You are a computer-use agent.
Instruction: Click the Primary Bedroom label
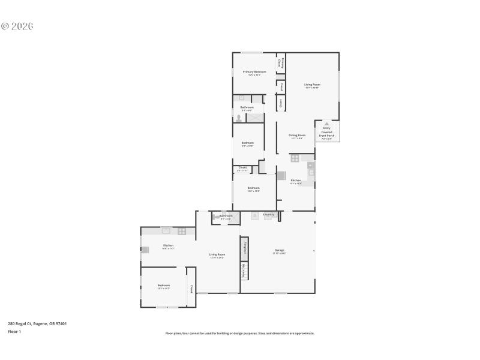tap(254, 72)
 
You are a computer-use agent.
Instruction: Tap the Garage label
tap(280, 250)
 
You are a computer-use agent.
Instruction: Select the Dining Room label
tap(297, 136)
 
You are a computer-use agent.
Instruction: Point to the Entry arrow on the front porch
tap(327, 124)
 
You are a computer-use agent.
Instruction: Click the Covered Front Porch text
tap(327, 134)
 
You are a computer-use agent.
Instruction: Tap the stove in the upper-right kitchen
tap(295, 158)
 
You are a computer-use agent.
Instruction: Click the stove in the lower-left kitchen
tap(182, 231)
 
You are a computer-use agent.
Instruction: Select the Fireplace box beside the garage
tap(245, 248)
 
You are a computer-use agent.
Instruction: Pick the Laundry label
tap(268, 214)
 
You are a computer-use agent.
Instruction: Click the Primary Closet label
tap(280, 62)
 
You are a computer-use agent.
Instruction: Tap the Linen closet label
tap(280, 103)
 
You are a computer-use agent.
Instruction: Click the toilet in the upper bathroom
tap(238, 118)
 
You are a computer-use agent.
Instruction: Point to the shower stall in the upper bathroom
tap(256, 118)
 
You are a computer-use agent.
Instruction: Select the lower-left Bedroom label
tap(163, 286)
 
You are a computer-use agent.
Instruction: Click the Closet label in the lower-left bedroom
tap(191, 289)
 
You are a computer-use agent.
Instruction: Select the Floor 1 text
tap(14, 331)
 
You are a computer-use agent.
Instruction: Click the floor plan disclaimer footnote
tap(239, 333)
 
